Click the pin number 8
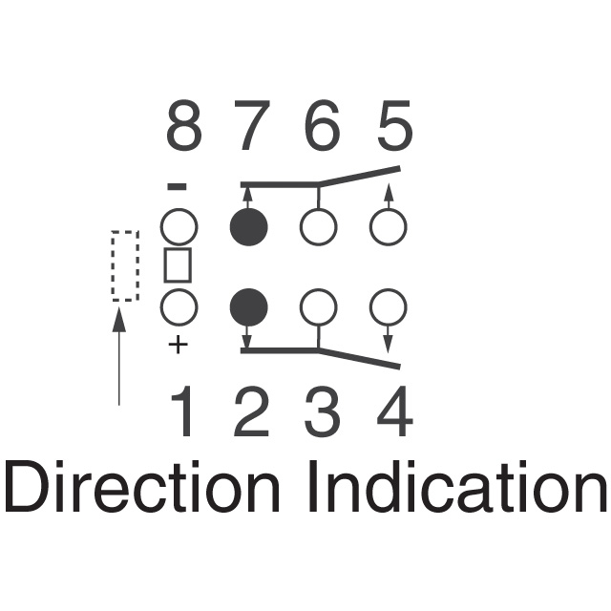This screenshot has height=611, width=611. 183,129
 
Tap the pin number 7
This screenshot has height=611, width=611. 251,129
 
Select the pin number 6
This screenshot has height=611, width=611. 323,129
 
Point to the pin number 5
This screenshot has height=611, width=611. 393,129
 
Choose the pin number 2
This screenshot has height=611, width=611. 251,414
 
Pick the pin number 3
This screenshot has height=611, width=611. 323,414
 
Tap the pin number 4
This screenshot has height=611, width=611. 393,414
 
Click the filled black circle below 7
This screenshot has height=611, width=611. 249,227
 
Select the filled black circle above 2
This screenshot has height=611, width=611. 249,307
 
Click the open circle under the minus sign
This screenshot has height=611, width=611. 179,227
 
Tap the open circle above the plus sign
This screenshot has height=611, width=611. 179,307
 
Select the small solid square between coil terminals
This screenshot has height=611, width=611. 179,265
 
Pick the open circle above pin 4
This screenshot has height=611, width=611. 388,307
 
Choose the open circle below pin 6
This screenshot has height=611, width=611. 318,227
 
